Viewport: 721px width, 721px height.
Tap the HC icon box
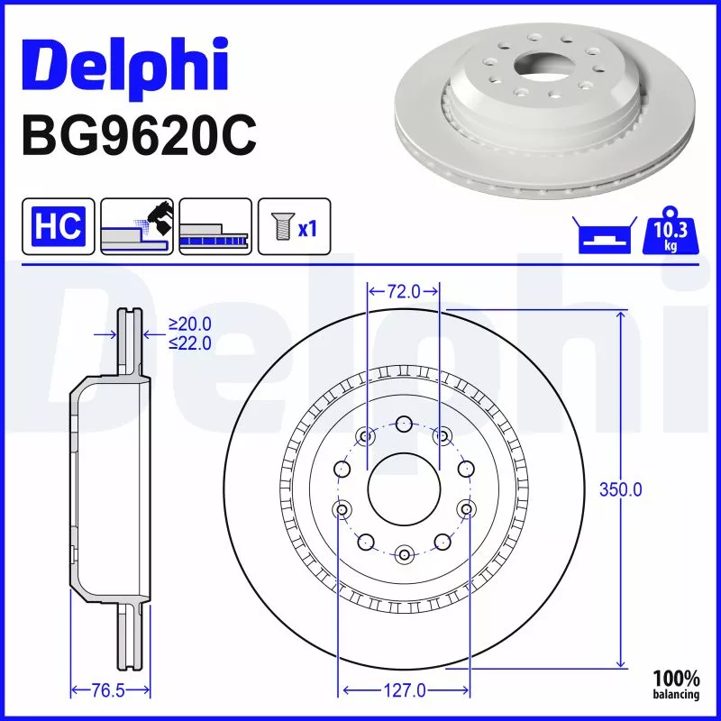point(58,225)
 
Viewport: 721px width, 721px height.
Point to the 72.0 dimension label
point(404,291)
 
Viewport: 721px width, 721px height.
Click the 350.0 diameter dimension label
point(621,489)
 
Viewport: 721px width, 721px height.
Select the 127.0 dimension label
point(404,690)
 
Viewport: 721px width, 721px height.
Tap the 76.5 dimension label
point(108,690)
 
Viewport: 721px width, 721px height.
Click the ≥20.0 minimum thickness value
point(189,324)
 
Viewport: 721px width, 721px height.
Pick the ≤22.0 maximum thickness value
point(189,342)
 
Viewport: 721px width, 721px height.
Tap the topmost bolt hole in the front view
point(404,424)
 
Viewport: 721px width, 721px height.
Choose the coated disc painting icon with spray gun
point(137,225)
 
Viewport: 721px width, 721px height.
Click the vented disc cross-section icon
point(214,225)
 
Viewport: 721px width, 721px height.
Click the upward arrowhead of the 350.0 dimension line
point(621,315)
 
